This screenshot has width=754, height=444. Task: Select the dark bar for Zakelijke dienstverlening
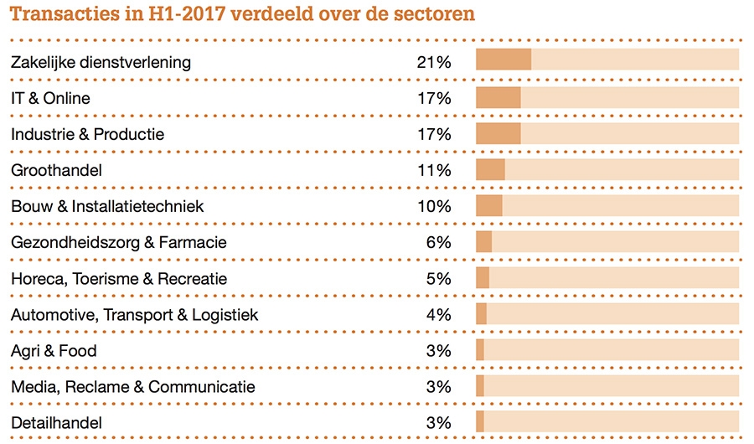(x=503, y=60)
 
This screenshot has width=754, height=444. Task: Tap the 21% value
(x=433, y=62)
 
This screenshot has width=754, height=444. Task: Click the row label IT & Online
(x=50, y=98)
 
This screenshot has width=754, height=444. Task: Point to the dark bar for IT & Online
(x=498, y=97)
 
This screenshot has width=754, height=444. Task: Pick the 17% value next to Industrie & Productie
(x=433, y=134)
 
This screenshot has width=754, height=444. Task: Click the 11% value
(x=433, y=170)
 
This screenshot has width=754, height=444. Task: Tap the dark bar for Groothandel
(x=490, y=169)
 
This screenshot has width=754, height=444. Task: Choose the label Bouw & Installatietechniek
(x=107, y=206)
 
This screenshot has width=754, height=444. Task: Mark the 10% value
(x=433, y=206)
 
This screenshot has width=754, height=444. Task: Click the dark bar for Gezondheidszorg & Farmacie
(x=483, y=241)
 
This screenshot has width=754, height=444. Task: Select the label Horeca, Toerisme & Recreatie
(x=119, y=279)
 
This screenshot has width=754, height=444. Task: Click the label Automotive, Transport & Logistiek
(x=134, y=315)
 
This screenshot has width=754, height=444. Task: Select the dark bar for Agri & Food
(x=480, y=349)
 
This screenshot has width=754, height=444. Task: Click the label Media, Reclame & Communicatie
(x=133, y=387)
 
